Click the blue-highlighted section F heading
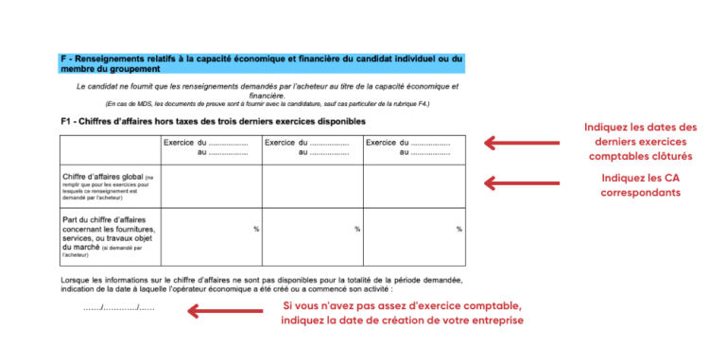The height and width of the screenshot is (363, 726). tap(261, 63)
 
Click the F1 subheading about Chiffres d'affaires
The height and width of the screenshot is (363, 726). tap(213, 121)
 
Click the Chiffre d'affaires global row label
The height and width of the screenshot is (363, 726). tap(107, 186)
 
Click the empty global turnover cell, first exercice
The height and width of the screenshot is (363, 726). tap(211, 186)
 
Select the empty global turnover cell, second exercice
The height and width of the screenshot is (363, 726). tap(312, 186)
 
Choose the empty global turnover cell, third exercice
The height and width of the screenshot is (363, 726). tap(413, 186)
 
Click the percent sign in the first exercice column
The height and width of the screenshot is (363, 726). tap(255, 229)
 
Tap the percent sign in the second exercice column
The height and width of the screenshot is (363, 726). tap(357, 229)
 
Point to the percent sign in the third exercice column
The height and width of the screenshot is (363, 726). tap(458, 229)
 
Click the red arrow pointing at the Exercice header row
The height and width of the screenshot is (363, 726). tap(518, 143)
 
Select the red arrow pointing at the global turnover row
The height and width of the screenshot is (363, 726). tap(518, 182)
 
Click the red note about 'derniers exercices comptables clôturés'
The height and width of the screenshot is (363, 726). tap(640, 142)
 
